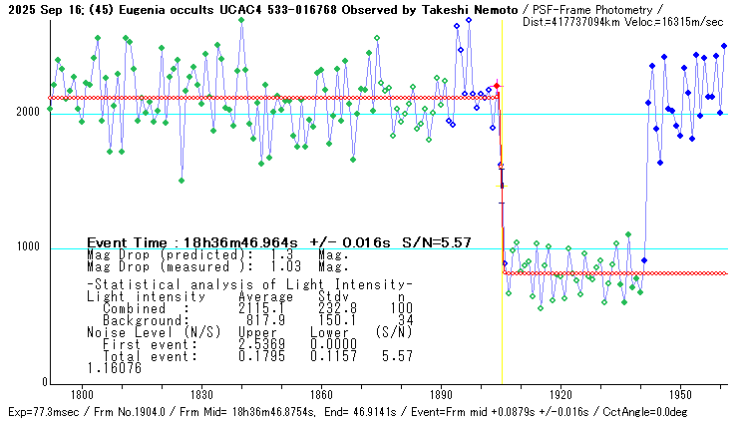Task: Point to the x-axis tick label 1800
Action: click(82, 394)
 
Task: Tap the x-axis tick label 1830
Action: click(201, 394)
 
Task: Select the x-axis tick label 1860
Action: click(321, 394)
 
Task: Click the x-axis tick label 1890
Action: click(441, 394)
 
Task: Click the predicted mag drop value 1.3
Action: click(280, 254)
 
